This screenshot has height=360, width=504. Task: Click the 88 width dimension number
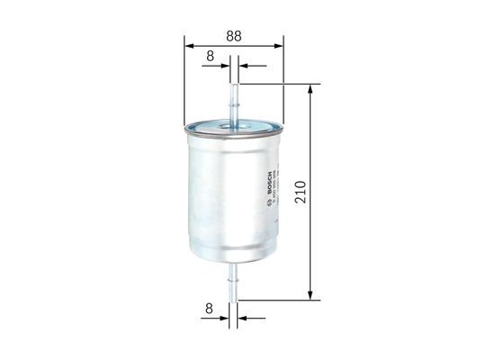233,36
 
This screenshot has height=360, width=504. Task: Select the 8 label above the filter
209,58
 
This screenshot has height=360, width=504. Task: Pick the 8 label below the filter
209,310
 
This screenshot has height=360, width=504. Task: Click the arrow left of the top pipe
225,66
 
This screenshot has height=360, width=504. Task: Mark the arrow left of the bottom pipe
225,318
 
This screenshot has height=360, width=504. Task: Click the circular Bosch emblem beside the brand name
268,203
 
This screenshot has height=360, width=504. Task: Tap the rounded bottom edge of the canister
233,258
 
